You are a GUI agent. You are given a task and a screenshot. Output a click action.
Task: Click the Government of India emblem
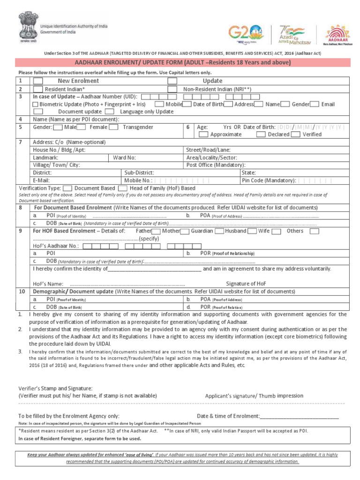28,28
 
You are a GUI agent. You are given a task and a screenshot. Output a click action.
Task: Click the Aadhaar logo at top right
337,35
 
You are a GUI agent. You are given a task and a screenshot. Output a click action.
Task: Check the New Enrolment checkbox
38,81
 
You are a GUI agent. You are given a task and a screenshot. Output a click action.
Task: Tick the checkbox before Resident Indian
38,89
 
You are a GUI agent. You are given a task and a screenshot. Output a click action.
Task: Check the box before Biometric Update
36,104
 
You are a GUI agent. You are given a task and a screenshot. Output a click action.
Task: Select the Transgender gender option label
138,127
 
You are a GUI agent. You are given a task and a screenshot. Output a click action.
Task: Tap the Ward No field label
124,157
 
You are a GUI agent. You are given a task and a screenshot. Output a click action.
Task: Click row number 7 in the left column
20,142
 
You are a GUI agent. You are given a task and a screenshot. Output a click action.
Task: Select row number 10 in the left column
21,291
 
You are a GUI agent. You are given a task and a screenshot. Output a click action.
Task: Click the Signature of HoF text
247,284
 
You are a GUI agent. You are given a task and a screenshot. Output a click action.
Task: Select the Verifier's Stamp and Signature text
55,389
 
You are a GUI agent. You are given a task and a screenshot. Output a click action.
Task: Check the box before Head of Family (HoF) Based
123,188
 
